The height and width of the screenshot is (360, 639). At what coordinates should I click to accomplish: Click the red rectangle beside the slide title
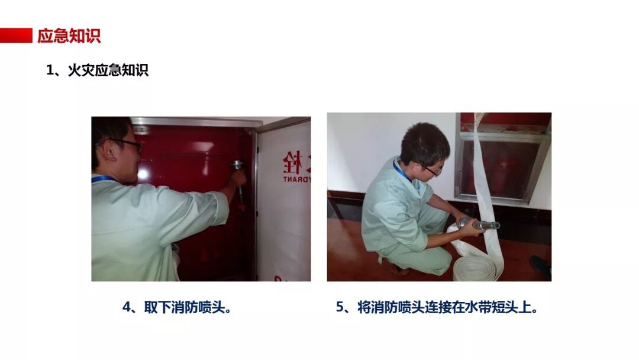[16, 36]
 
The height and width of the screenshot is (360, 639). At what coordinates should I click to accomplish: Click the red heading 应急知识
[69, 36]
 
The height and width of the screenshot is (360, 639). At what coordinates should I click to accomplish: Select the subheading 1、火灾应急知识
[98, 70]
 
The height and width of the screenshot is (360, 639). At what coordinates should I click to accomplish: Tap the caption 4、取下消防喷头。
[177, 307]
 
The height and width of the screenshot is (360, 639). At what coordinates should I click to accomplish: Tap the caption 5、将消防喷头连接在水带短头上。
[437, 307]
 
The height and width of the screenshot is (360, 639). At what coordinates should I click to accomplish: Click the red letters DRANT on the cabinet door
[296, 179]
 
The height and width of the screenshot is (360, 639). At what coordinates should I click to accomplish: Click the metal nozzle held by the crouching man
[479, 224]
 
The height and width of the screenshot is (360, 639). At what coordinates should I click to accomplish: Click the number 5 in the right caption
[340, 307]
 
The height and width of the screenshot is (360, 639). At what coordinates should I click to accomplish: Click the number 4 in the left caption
[127, 307]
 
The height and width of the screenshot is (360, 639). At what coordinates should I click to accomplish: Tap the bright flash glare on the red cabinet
[143, 174]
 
